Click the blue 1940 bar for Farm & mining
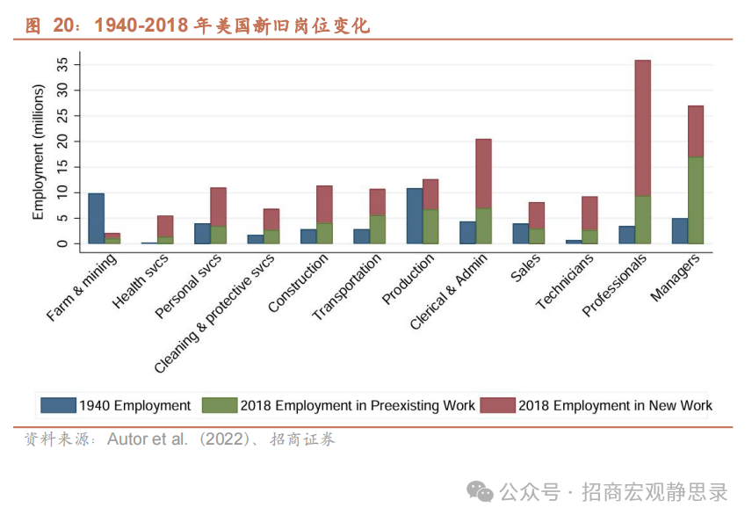[x=97, y=218]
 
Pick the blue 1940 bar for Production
[x=415, y=215]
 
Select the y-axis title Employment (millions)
[x=38, y=152]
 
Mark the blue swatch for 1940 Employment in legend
[x=58, y=405]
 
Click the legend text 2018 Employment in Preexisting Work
[x=358, y=405]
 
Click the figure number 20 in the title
[x=64, y=25]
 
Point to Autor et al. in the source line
[x=147, y=439]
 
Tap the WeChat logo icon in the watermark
[x=480, y=491]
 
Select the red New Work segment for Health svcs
[x=165, y=226]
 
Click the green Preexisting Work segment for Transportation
[x=378, y=229]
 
